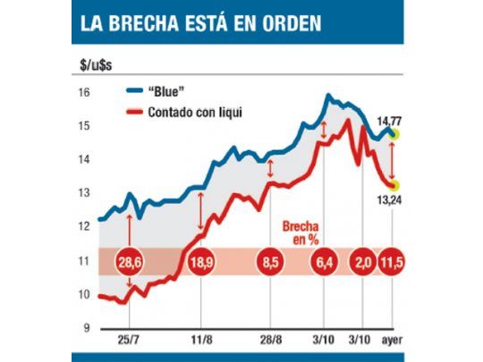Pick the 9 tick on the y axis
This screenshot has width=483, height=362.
pos(83,327)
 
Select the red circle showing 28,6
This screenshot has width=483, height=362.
pos(131,262)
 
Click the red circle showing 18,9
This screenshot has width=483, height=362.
pos(200,262)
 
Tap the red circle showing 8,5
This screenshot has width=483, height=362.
pos(268,262)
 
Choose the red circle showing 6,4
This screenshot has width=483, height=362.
pos(323,262)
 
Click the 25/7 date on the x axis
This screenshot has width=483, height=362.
pos(131,341)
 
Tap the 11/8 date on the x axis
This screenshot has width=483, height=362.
pos(200,341)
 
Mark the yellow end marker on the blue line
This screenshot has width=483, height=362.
pos(394,135)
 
